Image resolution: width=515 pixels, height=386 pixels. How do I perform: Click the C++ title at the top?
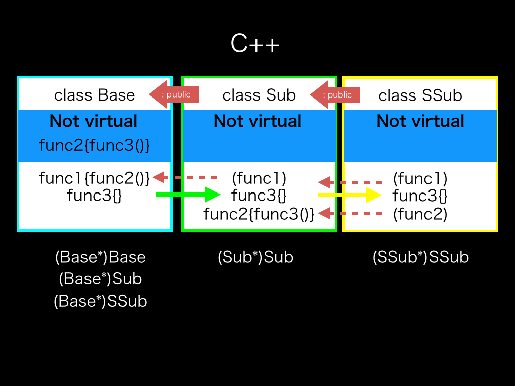(255, 43)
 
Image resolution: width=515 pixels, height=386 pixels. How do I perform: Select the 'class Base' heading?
(95, 95)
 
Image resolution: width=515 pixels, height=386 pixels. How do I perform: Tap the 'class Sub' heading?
(259, 95)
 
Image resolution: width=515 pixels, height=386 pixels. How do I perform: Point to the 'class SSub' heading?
(420, 95)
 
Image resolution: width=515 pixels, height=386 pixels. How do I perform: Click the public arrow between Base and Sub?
(174, 94)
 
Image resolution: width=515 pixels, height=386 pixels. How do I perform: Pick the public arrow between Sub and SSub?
(334, 95)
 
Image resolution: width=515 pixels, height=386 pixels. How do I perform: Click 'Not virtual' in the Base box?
(94, 121)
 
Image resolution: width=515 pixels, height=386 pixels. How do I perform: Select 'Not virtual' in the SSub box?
(420, 121)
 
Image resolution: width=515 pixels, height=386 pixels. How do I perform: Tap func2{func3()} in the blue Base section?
(94, 145)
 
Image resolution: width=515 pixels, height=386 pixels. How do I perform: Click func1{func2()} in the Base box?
(94, 178)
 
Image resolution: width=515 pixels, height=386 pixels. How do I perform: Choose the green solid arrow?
(188, 195)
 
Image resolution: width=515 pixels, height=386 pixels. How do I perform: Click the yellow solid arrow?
(350, 195)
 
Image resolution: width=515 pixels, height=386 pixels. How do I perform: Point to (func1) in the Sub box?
(259, 178)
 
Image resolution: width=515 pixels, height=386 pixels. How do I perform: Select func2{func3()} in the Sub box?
(259, 214)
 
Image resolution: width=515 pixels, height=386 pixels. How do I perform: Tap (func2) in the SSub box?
(420, 214)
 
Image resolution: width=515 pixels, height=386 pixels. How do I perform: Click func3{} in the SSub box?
(420, 196)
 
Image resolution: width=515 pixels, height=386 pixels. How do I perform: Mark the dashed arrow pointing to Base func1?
(185, 177)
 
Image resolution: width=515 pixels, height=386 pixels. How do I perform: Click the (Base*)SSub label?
(101, 301)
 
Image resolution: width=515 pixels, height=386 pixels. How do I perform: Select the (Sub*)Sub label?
(255, 257)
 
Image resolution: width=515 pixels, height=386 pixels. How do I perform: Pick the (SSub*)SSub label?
(421, 257)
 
